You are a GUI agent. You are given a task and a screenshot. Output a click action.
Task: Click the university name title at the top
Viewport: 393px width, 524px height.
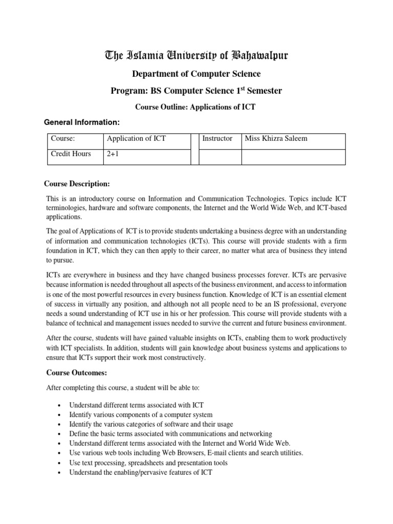[x=196, y=56]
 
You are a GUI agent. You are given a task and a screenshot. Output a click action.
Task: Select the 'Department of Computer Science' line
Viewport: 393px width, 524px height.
[x=196, y=74]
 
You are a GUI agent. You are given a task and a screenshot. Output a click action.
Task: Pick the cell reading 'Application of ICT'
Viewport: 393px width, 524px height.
[x=136, y=139]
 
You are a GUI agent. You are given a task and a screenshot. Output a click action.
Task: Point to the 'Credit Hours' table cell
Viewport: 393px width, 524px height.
[x=71, y=154]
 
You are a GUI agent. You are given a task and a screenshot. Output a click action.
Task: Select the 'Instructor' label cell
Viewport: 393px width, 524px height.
[x=217, y=139]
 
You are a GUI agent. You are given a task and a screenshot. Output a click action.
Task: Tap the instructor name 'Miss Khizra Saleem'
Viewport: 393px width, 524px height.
[x=276, y=139]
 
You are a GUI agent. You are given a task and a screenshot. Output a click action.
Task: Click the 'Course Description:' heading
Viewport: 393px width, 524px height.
[x=77, y=184]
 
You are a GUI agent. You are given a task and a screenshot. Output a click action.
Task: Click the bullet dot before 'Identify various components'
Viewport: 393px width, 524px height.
[x=60, y=415]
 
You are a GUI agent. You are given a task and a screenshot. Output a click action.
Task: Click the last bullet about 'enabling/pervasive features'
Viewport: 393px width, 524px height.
[x=141, y=472]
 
